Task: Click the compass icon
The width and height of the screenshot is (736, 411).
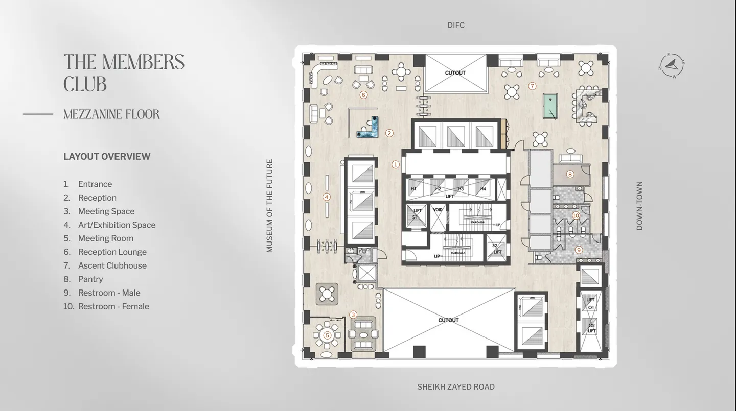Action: pyautogui.click(x=672, y=66)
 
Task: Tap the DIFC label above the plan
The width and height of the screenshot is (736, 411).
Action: pyautogui.click(x=456, y=25)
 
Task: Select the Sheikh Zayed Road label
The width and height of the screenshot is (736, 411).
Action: pyautogui.click(x=456, y=387)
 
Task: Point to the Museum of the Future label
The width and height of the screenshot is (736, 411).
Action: pyautogui.click(x=270, y=206)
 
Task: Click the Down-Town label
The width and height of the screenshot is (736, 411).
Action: pyautogui.click(x=639, y=206)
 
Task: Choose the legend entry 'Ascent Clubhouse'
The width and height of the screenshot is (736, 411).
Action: pyautogui.click(x=112, y=265)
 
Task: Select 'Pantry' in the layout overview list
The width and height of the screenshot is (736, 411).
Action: pyautogui.click(x=90, y=279)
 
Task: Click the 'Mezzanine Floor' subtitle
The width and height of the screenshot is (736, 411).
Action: pyautogui.click(x=111, y=114)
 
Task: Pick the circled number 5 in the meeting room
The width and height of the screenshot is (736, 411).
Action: pyautogui.click(x=327, y=335)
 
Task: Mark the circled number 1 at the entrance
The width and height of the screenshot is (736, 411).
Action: pyautogui.click(x=395, y=164)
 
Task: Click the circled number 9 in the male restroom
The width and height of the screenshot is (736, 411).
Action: pyautogui.click(x=579, y=250)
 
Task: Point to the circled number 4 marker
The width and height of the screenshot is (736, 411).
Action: pyautogui.click(x=327, y=197)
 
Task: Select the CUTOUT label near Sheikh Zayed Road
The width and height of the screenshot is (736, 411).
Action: pyautogui.click(x=448, y=320)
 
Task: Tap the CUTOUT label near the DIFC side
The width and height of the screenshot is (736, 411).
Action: pyautogui.click(x=455, y=73)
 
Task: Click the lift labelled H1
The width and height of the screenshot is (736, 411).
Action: pyautogui.click(x=414, y=189)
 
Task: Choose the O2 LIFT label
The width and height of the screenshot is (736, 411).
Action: pyautogui.click(x=591, y=328)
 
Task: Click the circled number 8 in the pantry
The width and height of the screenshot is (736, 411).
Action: pyautogui.click(x=570, y=174)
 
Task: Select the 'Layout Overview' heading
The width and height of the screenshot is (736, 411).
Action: pyautogui.click(x=107, y=157)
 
